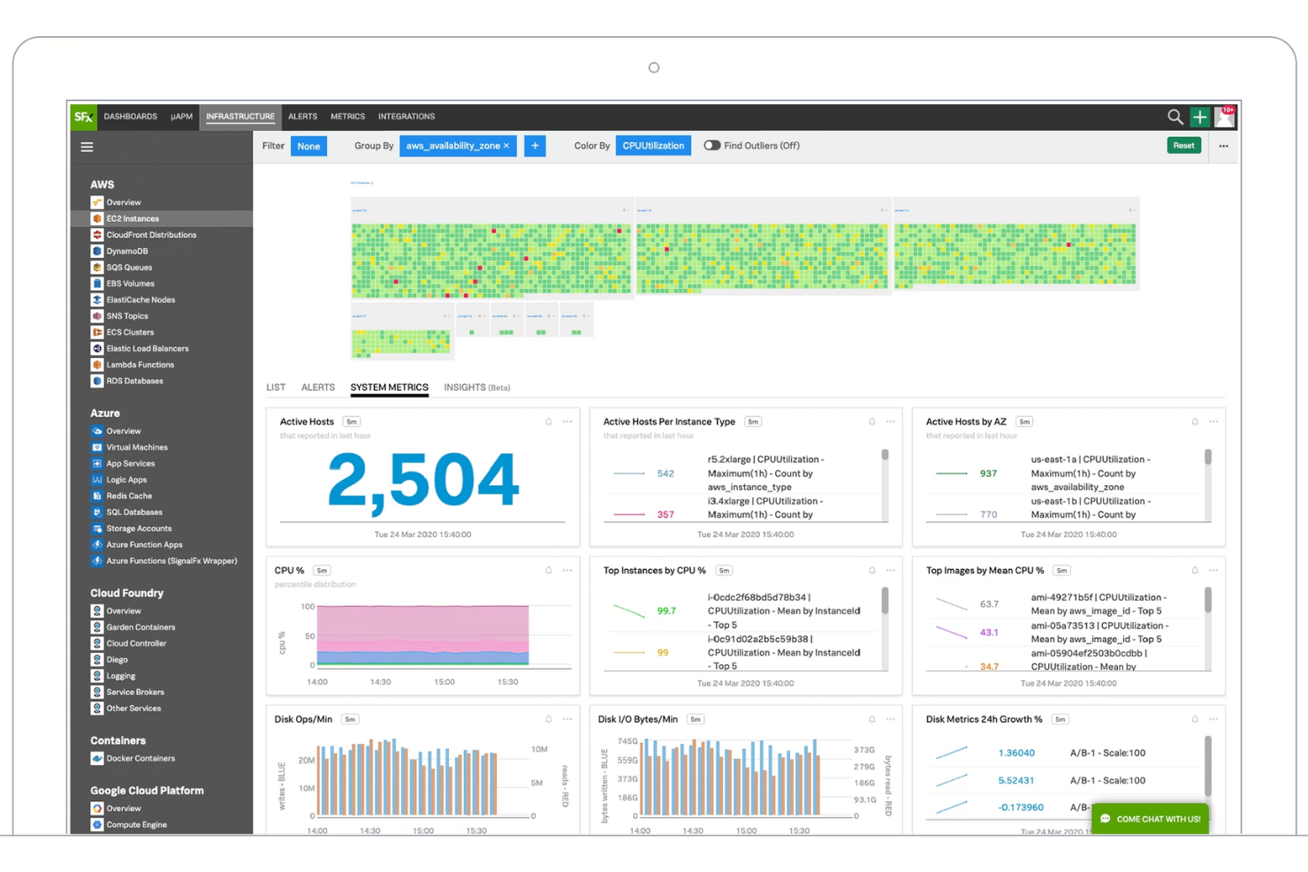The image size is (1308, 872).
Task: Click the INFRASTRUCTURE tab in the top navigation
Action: click(240, 117)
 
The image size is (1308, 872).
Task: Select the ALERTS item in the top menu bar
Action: click(302, 117)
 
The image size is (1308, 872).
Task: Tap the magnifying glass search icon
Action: click(1175, 117)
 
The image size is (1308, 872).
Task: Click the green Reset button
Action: click(1183, 146)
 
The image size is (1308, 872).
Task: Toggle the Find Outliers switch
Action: click(711, 146)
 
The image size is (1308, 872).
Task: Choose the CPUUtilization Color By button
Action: click(653, 146)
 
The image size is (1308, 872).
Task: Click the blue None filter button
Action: click(308, 147)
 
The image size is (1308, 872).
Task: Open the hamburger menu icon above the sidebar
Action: click(87, 148)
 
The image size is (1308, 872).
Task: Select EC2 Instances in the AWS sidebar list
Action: click(133, 219)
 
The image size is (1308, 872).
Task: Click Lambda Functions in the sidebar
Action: click(140, 365)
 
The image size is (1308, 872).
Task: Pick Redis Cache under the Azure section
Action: click(129, 497)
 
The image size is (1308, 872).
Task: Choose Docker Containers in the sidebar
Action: click(141, 759)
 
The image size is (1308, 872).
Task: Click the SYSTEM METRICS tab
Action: click(389, 388)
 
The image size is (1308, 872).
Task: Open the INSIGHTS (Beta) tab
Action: click(476, 388)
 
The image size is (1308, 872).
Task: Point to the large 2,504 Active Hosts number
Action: click(422, 481)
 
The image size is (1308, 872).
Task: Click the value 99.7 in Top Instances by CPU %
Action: click(666, 611)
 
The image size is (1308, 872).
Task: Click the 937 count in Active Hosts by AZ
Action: click(988, 474)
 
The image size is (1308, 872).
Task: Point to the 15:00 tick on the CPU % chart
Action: click(444, 682)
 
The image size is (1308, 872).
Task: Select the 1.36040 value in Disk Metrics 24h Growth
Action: click(1015, 754)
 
